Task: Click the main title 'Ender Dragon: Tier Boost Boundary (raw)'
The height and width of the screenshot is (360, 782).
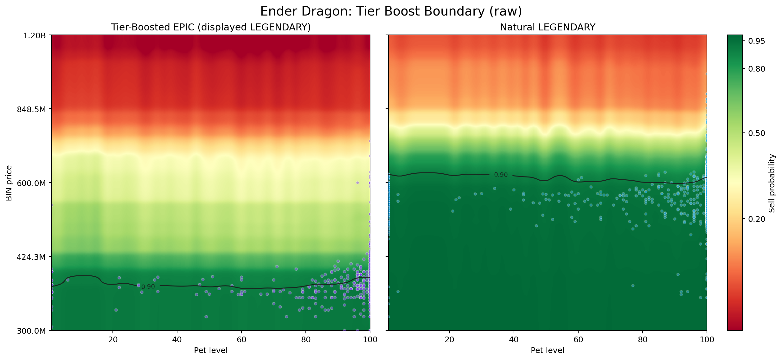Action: pos(391,11)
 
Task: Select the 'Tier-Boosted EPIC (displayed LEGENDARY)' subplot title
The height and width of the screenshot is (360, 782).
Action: pos(211,27)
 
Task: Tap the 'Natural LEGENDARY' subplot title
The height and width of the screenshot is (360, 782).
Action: pos(548,27)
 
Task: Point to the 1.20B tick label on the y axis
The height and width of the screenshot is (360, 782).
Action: pos(34,35)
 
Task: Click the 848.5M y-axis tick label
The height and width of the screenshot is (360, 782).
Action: pos(31,109)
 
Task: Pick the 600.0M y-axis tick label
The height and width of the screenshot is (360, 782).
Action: pos(31,183)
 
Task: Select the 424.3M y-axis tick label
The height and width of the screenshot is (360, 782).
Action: pos(31,257)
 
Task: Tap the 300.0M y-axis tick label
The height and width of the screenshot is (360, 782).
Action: pos(31,331)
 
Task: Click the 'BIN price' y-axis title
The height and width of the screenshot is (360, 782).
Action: pos(9,183)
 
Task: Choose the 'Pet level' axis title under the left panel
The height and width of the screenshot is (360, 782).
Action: pos(211,350)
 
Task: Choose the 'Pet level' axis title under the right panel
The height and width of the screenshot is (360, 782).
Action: pos(548,350)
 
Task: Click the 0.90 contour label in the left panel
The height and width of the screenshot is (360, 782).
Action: pos(148,287)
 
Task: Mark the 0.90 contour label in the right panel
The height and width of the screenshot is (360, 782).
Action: pos(501,175)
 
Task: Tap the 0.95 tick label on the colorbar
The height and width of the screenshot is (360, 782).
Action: pos(756,41)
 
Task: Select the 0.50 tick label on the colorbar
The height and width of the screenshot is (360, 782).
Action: pos(756,133)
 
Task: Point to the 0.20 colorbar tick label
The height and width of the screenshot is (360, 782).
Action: pos(756,219)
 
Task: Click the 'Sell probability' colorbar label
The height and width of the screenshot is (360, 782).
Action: pos(772,183)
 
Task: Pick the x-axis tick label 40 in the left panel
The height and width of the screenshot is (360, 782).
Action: pos(177,340)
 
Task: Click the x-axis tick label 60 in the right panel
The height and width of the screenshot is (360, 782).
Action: pos(578,340)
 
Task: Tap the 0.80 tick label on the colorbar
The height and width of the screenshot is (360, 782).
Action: pos(756,69)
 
